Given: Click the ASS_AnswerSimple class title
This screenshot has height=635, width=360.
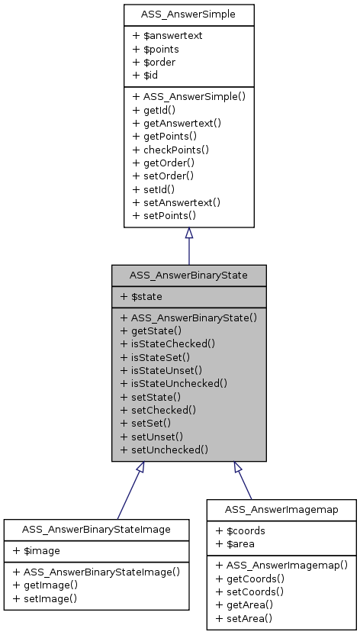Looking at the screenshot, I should tap(188, 15).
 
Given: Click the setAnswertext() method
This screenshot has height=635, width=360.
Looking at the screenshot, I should tap(176, 202).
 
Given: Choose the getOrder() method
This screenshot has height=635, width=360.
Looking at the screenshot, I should tap(163, 163).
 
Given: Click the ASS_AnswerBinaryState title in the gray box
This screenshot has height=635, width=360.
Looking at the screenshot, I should tap(188, 275).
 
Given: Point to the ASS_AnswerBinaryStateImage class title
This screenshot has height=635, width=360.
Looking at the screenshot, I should tap(96, 529).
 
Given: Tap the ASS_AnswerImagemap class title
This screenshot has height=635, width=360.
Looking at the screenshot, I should tap(281, 509).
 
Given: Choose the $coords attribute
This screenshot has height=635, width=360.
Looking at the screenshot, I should tap(239, 530).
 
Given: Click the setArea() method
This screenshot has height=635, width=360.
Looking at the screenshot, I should tap(245, 618).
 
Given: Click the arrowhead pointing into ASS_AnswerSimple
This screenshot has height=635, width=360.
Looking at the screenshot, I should tap(188, 234).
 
